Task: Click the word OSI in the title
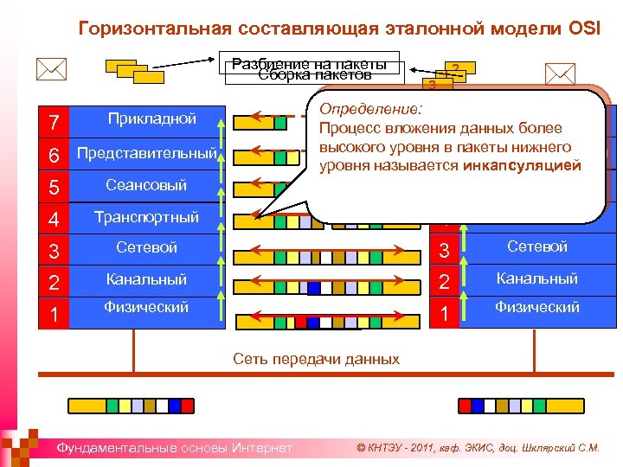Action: tap(591, 28)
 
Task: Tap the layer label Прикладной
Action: tap(151, 118)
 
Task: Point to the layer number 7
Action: tap(54, 122)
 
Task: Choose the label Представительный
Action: tap(146, 153)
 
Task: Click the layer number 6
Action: tap(54, 156)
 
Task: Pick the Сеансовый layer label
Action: tap(146, 185)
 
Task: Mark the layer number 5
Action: tap(54, 188)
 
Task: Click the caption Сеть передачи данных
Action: tap(317, 359)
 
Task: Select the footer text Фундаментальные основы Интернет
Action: tap(174, 447)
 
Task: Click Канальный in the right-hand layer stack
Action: tap(536, 278)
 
